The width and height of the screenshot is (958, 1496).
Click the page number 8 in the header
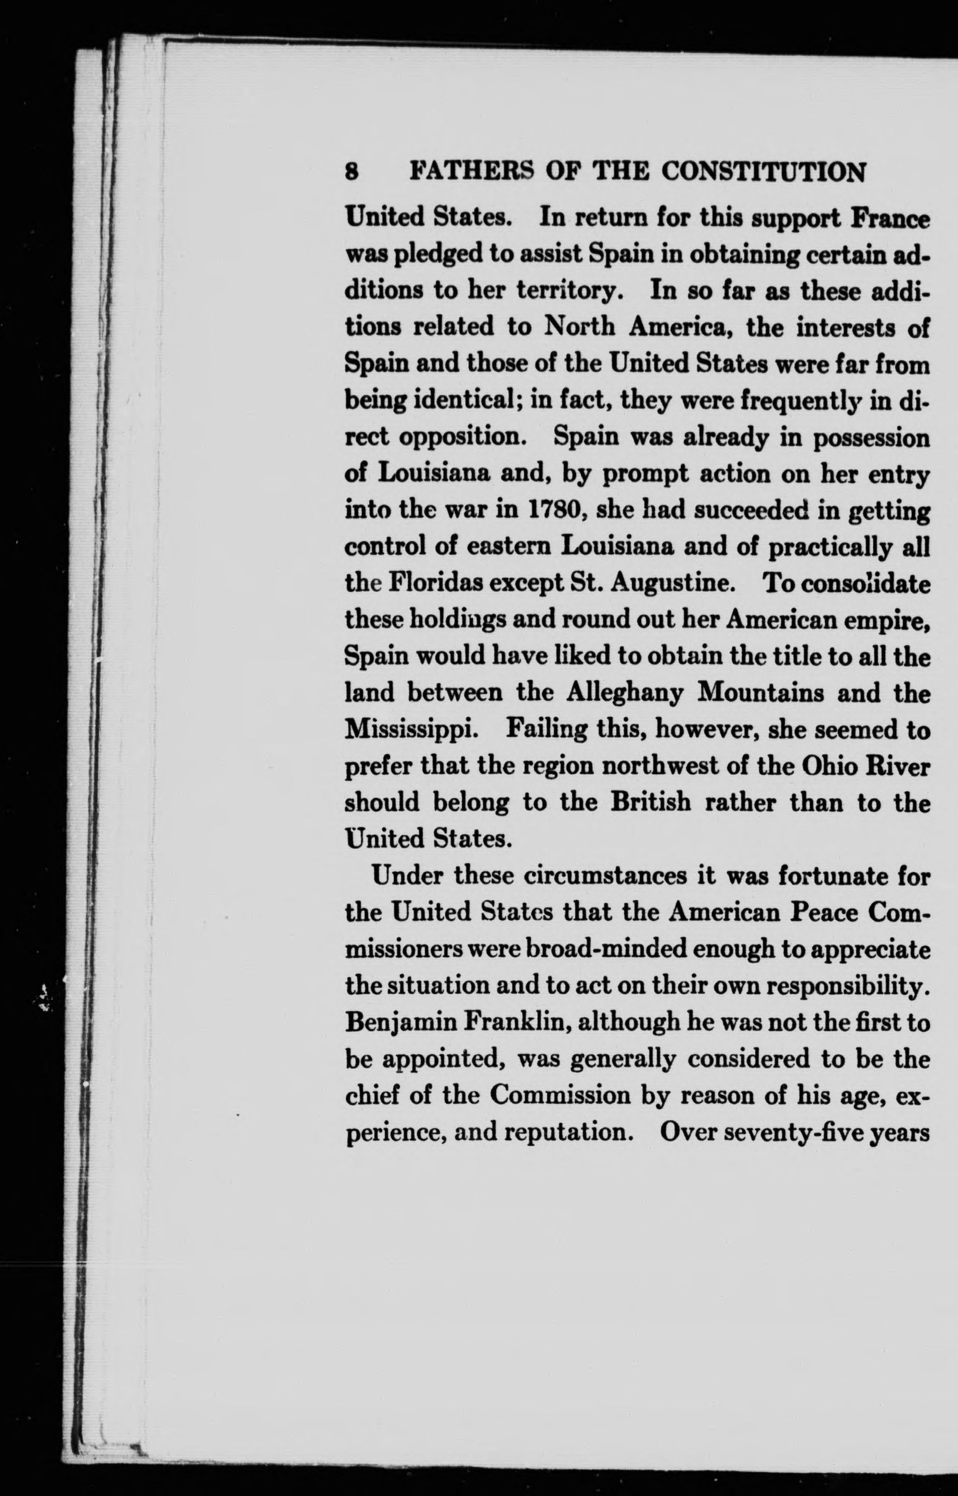(352, 172)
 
